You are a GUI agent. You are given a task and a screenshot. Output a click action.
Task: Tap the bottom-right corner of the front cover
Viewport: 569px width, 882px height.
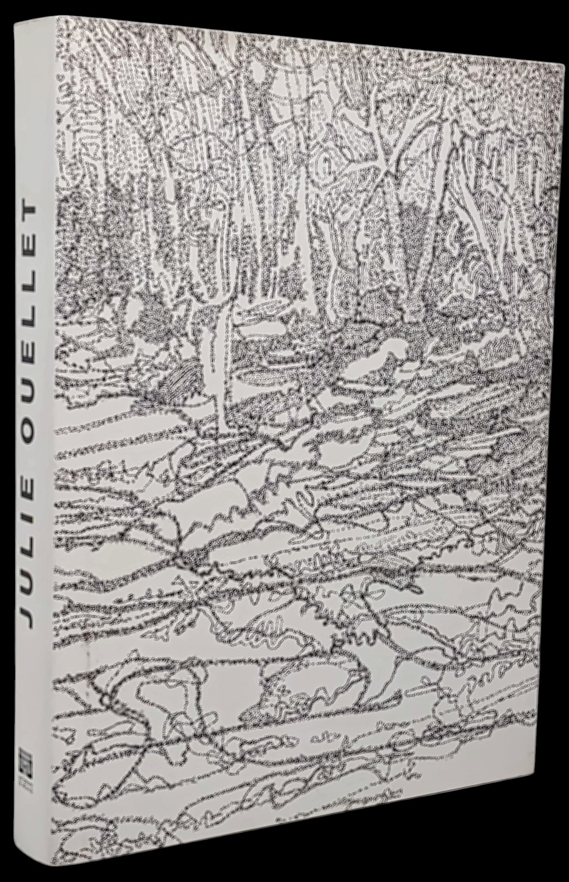[547, 878]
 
